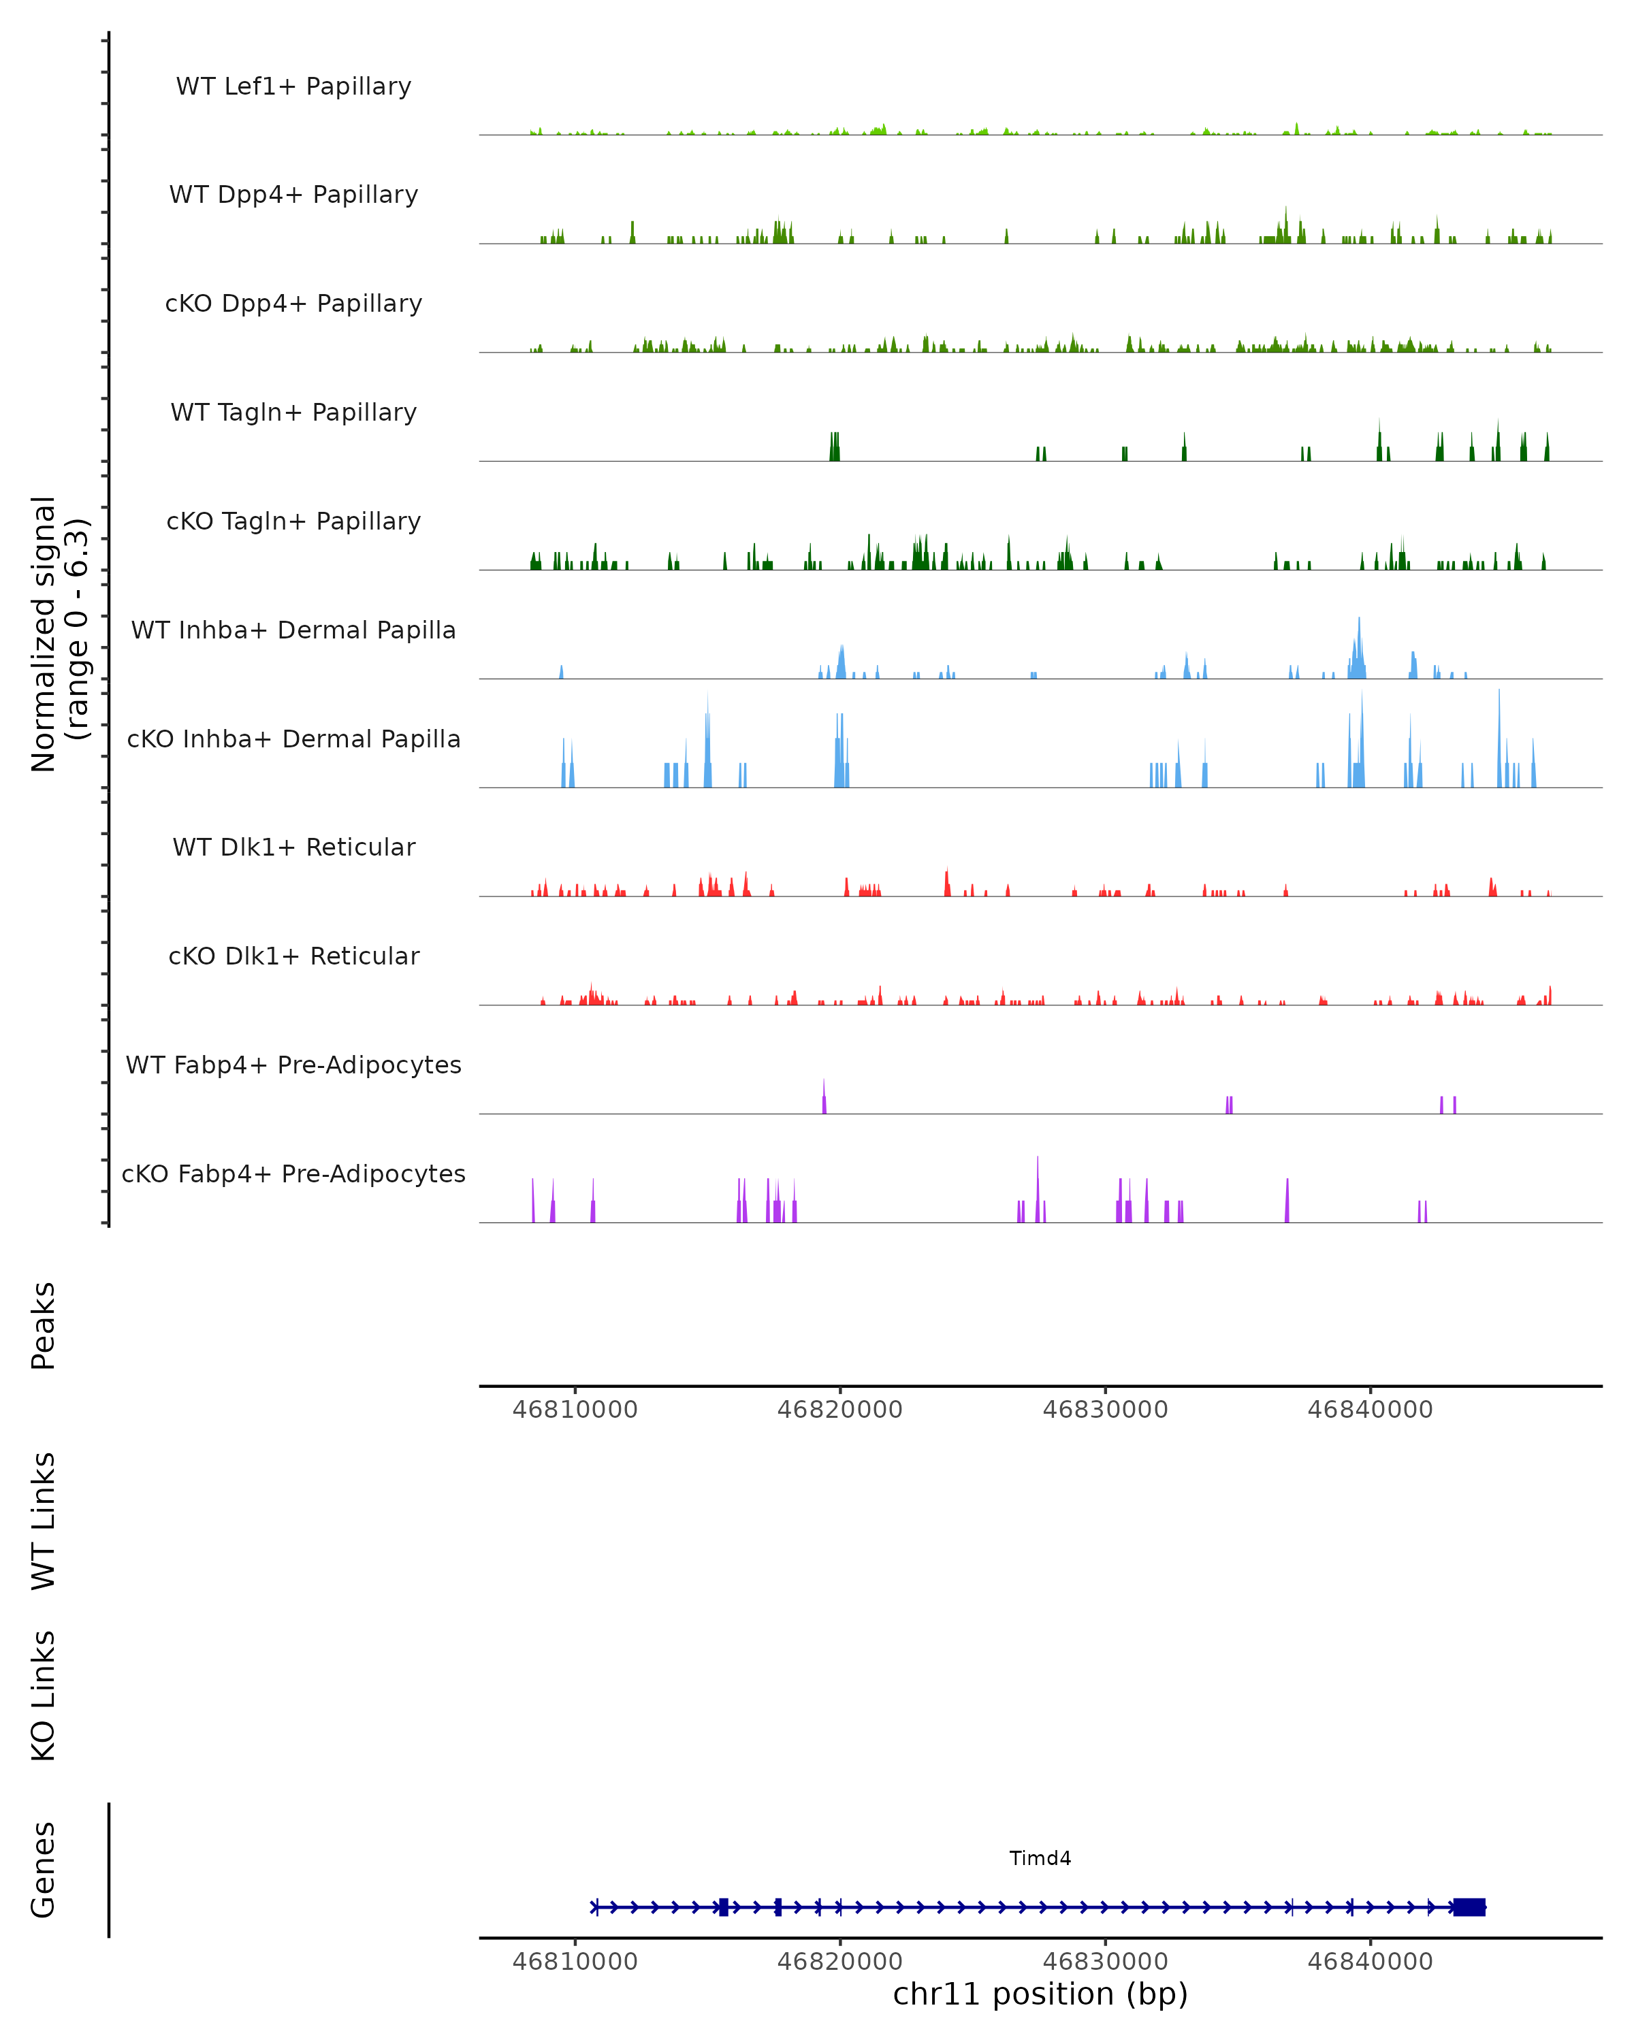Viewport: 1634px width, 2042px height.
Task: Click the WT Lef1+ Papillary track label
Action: coord(293,87)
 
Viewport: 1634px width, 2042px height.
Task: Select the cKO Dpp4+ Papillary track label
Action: coord(293,304)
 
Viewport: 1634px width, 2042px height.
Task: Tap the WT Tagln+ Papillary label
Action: coord(293,413)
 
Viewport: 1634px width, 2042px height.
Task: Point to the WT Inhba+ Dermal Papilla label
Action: coord(293,631)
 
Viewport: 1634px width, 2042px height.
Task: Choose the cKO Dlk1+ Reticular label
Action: coord(293,956)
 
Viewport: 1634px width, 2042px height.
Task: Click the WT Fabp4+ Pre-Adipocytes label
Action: coord(293,1065)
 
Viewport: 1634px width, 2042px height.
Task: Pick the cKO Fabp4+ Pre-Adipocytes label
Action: coord(293,1174)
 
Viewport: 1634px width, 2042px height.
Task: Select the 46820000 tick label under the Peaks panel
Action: coord(840,1410)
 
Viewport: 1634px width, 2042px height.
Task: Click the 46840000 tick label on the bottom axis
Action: coord(1370,1962)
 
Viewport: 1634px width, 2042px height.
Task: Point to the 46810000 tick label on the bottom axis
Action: coord(575,1962)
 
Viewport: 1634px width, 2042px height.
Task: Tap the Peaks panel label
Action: coord(44,1326)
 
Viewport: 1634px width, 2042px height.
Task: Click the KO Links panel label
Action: coord(44,1696)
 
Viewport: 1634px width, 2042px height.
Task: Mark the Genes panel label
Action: coord(44,1870)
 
